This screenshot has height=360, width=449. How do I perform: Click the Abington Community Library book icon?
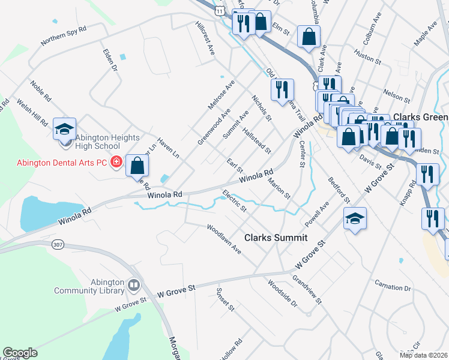click(133, 284)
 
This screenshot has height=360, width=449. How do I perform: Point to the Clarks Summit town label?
click(276, 238)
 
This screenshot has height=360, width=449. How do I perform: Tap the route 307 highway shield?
click(58, 245)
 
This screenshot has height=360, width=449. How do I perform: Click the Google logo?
click(20, 353)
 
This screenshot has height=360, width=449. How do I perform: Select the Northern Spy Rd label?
click(64, 36)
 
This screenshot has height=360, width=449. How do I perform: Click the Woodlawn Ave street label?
click(223, 239)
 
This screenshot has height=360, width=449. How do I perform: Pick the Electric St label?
click(235, 202)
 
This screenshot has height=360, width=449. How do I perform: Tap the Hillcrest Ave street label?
click(205, 38)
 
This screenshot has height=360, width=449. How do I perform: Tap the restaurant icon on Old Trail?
click(282, 89)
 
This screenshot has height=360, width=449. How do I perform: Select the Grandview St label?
click(307, 289)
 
